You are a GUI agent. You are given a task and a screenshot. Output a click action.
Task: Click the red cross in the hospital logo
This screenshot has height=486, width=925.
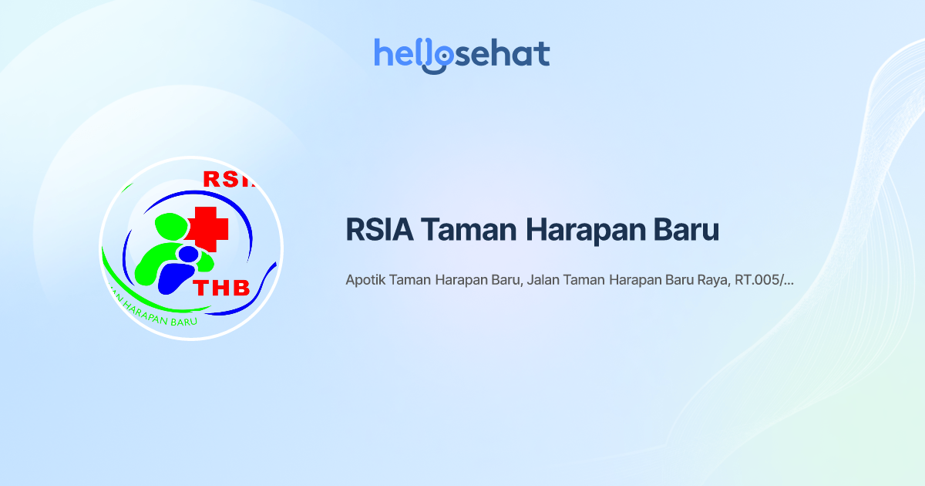[x=206, y=227]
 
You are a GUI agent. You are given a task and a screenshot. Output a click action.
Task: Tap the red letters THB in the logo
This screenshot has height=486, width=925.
[x=221, y=288]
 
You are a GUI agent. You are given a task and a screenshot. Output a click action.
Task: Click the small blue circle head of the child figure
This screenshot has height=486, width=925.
[x=187, y=253]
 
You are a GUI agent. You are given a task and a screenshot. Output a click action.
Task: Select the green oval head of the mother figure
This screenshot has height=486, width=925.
[x=171, y=226]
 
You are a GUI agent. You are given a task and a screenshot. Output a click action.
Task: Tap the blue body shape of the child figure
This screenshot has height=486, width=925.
[x=175, y=277]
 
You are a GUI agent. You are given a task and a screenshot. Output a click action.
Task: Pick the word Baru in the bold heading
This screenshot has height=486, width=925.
[x=684, y=230]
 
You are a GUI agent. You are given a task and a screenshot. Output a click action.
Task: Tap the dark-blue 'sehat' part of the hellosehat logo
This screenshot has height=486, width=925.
[x=500, y=54]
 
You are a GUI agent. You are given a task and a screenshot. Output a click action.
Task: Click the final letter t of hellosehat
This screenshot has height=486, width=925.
[x=543, y=54]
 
